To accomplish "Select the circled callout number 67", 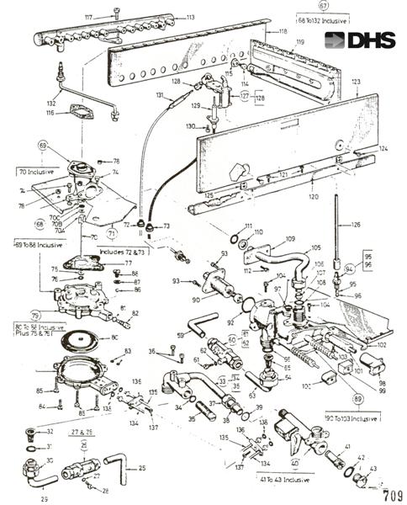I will pyautogui.click(x=323, y=5).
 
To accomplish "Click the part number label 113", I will pyautogui.click(x=190, y=17).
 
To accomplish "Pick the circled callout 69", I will pyautogui.click(x=45, y=146).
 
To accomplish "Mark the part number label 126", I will pyautogui.click(x=355, y=226).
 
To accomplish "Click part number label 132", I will pyautogui.click(x=53, y=89).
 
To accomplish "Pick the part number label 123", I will pyautogui.click(x=357, y=82).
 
